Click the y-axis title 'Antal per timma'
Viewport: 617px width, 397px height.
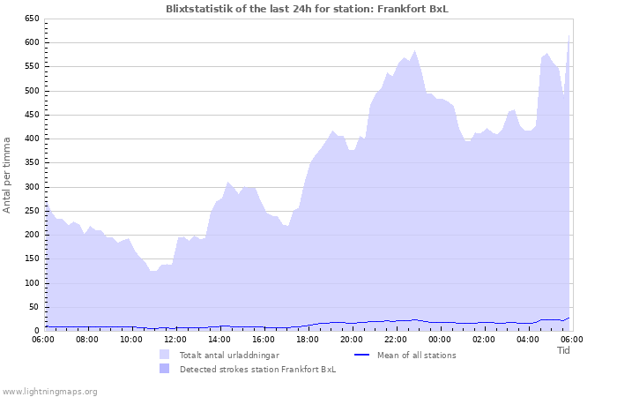8,174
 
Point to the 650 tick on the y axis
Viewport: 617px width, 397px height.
32,19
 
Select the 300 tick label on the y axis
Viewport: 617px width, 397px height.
32,187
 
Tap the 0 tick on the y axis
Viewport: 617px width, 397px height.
37,331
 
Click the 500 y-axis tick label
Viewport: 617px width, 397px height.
32,91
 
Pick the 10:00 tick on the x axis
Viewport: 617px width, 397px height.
131,339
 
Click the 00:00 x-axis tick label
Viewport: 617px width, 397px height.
439,339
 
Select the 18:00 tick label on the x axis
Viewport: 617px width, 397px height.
308,339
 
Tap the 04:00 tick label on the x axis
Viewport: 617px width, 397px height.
527,339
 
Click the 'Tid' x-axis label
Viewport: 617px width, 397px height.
564,350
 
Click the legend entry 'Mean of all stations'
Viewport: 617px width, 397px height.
416,356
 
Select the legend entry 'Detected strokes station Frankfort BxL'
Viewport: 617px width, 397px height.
257,370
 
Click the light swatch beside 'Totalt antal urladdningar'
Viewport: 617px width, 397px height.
164,355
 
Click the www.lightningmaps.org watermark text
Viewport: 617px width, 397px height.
49,391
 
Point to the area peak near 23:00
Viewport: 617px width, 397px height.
415,51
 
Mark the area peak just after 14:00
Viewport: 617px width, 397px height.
228,183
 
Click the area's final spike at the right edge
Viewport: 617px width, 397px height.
569,37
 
